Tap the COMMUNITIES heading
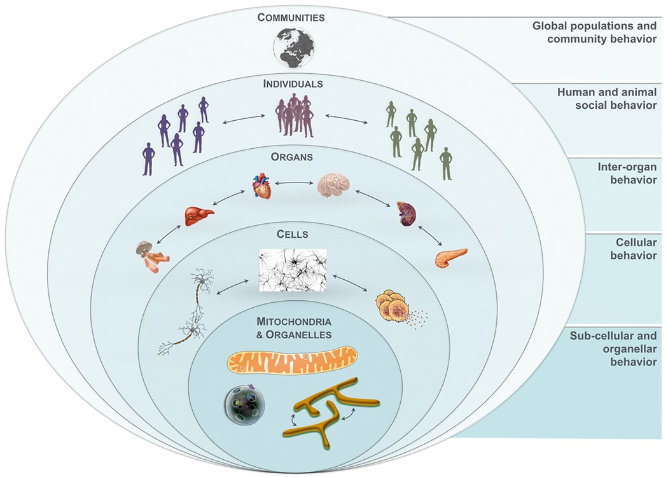[x=291, y=18]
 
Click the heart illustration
[x=261, y=187]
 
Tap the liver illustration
[x=198, y=216]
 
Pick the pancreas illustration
[x=451, y=257]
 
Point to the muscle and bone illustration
[x=150, y=256]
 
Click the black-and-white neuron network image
[x=293, y=270]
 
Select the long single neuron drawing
[x=191, y=312]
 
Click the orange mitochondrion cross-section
[x=293, y=363]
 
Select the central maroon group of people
[x=293, y=115]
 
